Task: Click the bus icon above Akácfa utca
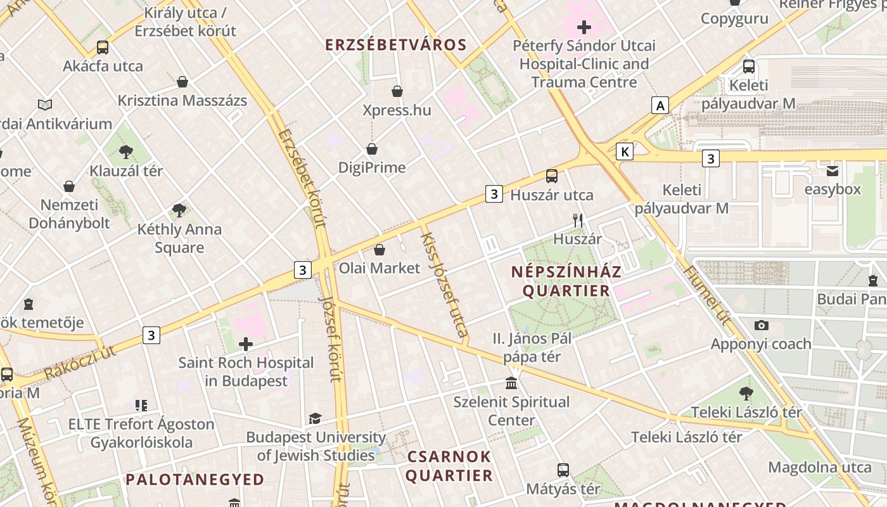click(x=102, y=47)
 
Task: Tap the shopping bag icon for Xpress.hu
click(x=397, y=92)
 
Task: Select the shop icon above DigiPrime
click(x=372, y=149)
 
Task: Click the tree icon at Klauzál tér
click(x=126, y=151)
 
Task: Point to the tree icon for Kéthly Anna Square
click(x=179, y=210)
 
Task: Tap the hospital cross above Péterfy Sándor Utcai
click(x=584, y=27)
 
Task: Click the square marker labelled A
click(x=660, y=105)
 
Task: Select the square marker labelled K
click(x=625, y=151)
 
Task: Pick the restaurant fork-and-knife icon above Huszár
click(x=577, y=221)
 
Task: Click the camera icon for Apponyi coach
click(x=762, y=325)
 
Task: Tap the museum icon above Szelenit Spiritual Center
click(x=511, y=383)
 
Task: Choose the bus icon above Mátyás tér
click(x=563, y=470)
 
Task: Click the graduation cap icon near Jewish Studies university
click(x=315, y=418)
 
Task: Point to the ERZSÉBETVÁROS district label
click(x=396, y=45)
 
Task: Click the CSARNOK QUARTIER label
click(x=449, y=466)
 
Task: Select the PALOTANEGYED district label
click(x=195, y=479)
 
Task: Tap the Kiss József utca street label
click(x=445, y=283)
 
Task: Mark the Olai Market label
click(x=380, y=268)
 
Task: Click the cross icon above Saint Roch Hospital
click(x=246, y=344)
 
